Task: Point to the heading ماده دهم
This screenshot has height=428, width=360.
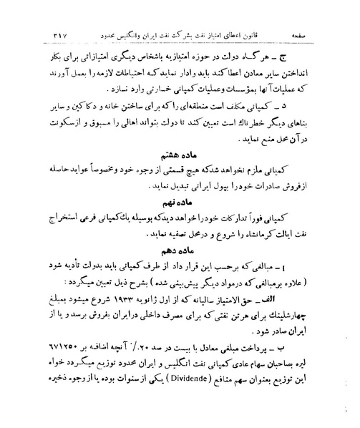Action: point(182,271)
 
